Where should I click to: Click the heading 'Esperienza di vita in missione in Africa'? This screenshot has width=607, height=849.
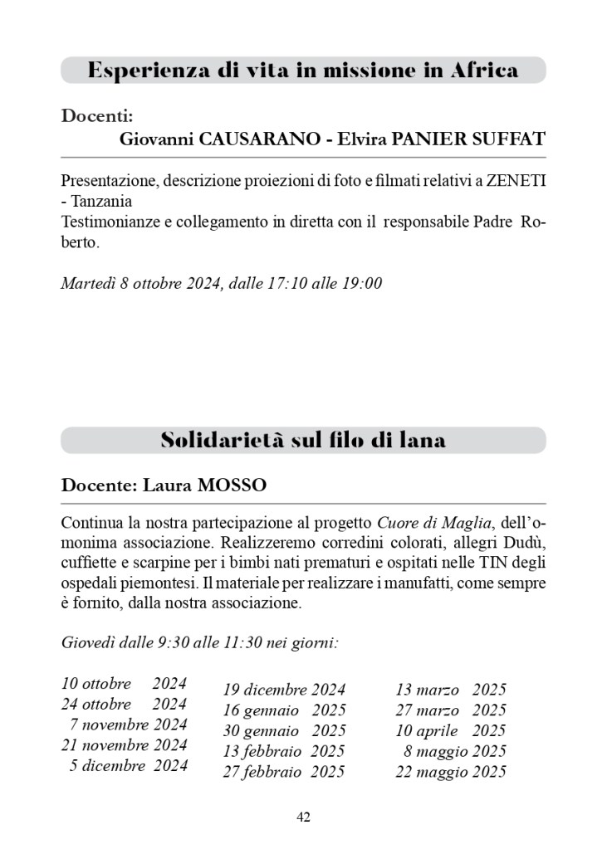tap(303, 71)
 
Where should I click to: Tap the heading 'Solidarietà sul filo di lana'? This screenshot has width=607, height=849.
tap(303, 440)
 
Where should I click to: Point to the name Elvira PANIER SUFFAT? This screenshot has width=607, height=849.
tap(441, 139)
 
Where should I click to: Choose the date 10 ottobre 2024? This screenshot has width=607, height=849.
tap(124, 685)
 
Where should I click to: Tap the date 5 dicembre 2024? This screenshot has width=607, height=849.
tap(129, 765)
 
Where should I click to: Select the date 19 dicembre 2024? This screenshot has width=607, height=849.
tap(284, 690)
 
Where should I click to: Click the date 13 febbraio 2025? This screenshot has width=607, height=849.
tap(284, 751)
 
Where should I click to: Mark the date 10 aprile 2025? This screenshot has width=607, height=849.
tap(450, 730)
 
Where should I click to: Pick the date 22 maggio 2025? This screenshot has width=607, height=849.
tap(450, 772)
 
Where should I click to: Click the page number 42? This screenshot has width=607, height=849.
tap(303, 817)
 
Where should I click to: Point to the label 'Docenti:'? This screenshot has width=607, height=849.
tap(97, 115)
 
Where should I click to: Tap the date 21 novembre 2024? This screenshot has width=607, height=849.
tap(124, 745)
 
